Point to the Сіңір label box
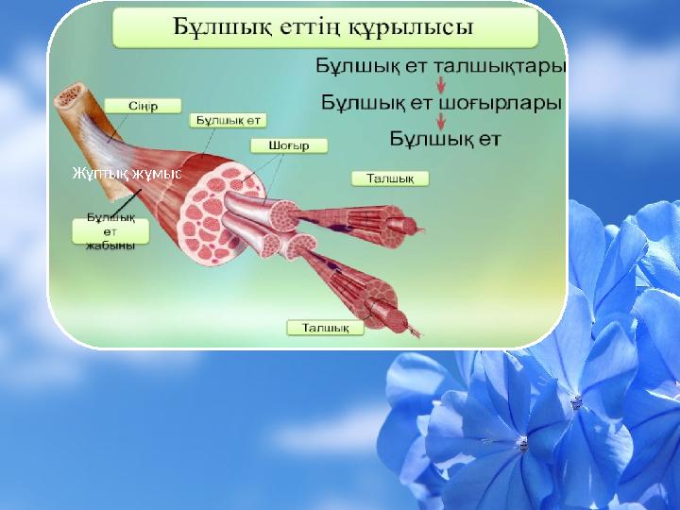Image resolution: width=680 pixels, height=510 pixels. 143,106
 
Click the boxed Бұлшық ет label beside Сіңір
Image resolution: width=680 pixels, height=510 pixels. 229,121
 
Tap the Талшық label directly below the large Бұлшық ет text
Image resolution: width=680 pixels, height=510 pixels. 390,177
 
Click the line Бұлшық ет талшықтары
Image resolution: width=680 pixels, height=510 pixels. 440,67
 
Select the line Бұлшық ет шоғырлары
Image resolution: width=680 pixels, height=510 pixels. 442,102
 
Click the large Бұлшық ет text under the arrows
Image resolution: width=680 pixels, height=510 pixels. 446,139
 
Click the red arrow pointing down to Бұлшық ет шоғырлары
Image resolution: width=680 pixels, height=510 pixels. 440,84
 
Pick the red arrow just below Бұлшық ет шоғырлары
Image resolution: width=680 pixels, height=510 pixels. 440,120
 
